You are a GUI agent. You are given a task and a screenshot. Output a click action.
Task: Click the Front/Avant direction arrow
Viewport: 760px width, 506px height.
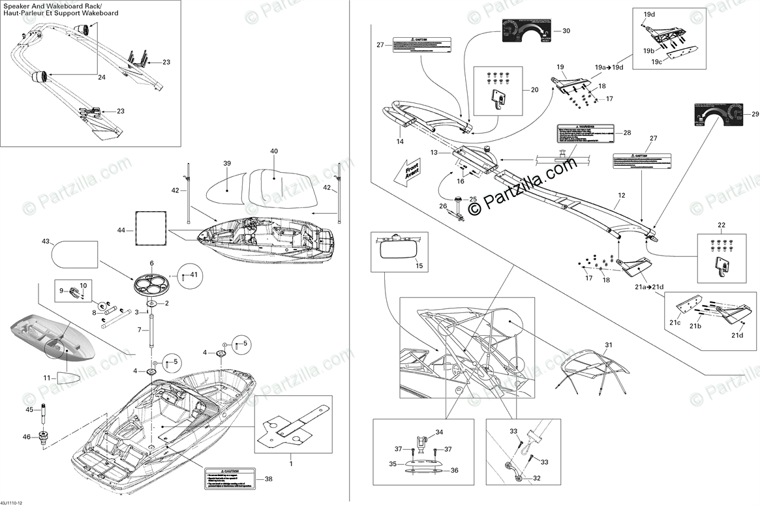(x=406, y=171)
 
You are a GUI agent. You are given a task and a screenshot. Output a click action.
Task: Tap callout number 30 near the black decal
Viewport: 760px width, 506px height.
(x=566, y=31)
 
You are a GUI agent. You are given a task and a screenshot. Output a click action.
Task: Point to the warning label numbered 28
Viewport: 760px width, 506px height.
(x=585, y=135)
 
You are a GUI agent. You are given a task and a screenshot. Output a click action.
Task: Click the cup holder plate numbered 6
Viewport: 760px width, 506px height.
(x=152, y=282)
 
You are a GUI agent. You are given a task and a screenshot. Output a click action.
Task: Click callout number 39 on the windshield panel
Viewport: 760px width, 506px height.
(x=227, y=163)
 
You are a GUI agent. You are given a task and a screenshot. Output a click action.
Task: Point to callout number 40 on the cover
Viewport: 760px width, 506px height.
(x=274, y=151)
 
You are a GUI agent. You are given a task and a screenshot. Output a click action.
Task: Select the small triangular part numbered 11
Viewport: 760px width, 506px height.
(x=68, y=378)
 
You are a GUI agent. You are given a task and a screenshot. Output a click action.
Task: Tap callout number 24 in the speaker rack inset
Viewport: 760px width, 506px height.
(x=101, y=77)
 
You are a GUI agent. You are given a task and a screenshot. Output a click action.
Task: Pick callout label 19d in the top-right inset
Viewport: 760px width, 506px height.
(x=649, y=14)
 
